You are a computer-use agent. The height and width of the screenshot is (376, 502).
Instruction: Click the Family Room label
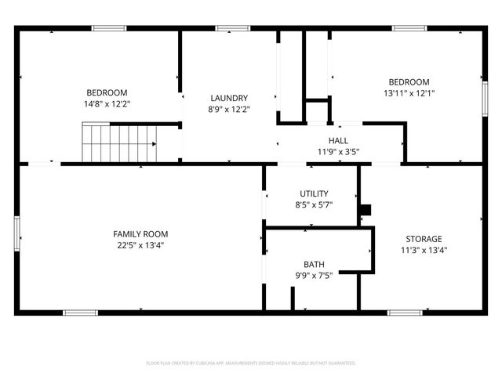point(140,234)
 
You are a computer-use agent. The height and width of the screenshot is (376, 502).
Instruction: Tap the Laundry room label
point(229,98)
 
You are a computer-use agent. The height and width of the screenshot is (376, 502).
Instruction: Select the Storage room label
point(424,239)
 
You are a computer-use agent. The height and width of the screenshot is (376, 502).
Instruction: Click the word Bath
point(314,264)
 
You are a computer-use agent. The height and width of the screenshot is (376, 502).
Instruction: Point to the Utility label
point(314,193)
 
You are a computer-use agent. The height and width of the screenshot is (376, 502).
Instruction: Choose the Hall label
point(338,140)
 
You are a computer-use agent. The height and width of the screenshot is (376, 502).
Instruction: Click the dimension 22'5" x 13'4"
point(140,245)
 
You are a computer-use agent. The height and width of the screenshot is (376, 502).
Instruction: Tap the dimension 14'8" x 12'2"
point(107,103)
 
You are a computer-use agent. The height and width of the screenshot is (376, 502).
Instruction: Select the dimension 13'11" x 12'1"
point(409,93)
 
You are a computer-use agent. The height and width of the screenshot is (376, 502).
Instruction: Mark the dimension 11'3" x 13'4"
point(424,250)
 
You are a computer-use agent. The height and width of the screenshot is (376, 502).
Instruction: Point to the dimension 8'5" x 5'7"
point(314,204)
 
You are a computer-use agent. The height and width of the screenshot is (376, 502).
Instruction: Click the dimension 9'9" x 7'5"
point(314,275)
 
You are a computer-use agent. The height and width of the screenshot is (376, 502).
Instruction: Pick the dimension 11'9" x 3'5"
point(338,151)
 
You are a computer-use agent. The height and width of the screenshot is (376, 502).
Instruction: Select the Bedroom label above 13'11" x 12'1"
point(409,82)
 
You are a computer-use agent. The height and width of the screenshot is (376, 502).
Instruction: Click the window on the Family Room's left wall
point(16,233)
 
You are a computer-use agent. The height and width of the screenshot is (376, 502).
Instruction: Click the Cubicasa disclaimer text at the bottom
point(251,363)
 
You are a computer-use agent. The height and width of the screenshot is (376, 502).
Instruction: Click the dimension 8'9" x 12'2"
point(229,109)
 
